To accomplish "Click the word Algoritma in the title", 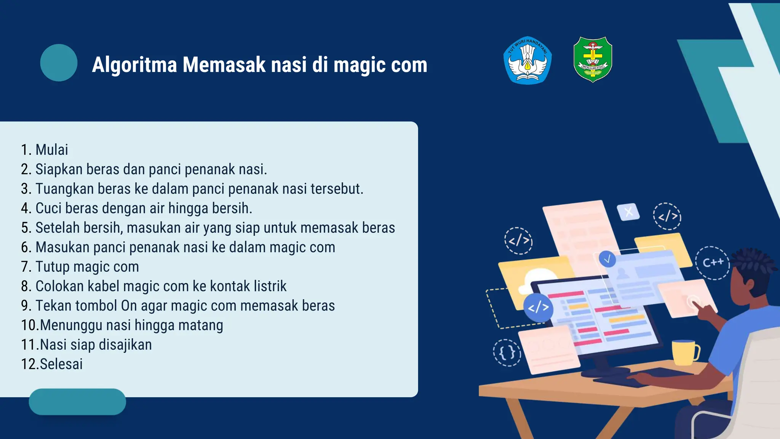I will pyautogui.click(x=134, y=64).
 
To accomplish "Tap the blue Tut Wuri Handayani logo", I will pyautogui.click(x=527, y=60).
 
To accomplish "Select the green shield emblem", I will pyautogui.click(x=593, y=59).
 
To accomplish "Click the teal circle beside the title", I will pyautogui.click(x=59, y=62).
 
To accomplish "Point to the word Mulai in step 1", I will pyautogui.click(x=52, y=150).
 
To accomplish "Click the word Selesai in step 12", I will pyautogui.click(x=61, y=364).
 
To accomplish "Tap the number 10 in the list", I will pyautogui.click(x=29, y=325).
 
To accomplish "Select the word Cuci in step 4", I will pyautogui.click(x=49, y=208).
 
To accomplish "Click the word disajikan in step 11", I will pyautogui.click(x=125, y=344).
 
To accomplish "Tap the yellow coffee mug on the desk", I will pyautogui.click(x=685, y=352).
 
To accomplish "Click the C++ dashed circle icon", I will pyautogui.click(x=713, y=263).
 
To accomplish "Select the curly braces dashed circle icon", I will pyautogui.click(x=507, y=352).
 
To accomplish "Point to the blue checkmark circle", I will pyautogui.click(x=607, y=259).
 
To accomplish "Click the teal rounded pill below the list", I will pyautogui.click(x=77, y=402).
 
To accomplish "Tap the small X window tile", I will pyautogui.click(x=628, y=211).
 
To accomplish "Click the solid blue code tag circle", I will pyautogui.click(x=538, y=307).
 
